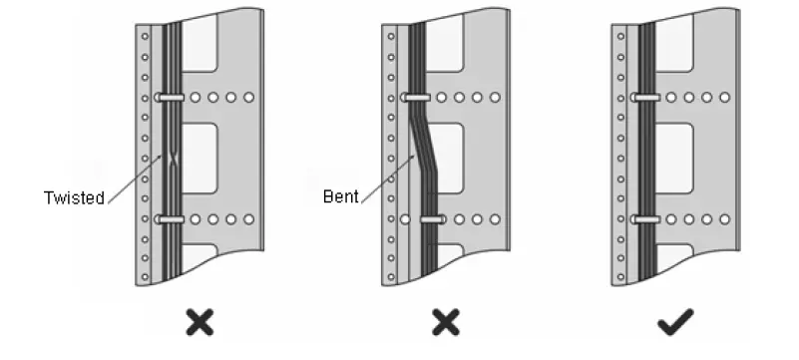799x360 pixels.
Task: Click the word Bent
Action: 340,196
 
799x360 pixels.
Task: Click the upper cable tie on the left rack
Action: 170,98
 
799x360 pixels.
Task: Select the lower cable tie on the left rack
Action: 170,218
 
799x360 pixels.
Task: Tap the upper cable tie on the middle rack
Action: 416,98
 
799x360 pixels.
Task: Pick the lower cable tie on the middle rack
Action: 433,218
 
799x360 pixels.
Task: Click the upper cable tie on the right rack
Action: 644,98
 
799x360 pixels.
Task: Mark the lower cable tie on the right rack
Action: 644,218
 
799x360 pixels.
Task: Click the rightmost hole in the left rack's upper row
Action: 248,98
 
